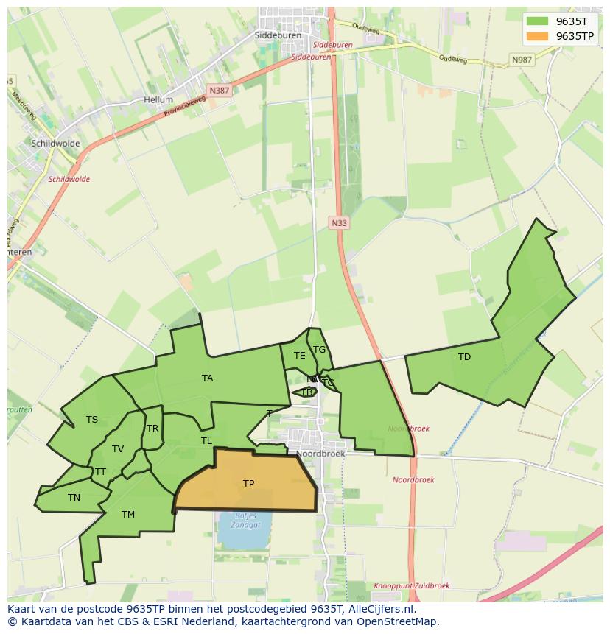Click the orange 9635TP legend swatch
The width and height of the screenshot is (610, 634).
(538, 36)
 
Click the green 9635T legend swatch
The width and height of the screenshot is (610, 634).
(538, 21)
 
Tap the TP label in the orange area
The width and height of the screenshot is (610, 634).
(249, 484)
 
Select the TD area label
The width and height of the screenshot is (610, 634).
(464, 357)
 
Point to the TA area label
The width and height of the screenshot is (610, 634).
(208, 378)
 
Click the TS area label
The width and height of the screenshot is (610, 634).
(92, 420)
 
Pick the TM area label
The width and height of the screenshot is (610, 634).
(128, 515)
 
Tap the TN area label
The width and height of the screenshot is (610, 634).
(74, 498)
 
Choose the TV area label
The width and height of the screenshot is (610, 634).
(118, 449)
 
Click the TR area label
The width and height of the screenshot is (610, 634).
(152, 429)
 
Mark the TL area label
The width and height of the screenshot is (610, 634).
(206, 441)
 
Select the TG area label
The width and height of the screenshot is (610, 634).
(319, 350)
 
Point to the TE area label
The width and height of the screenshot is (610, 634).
(299, 356)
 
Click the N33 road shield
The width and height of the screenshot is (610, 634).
(338, 222)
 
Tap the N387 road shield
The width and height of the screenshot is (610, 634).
(218, 91)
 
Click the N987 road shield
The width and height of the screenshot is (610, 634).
(522, 60)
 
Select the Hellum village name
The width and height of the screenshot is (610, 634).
(158, 99)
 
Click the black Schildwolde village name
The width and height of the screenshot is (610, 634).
(55, 144)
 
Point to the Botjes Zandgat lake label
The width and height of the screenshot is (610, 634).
(246, 520)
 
